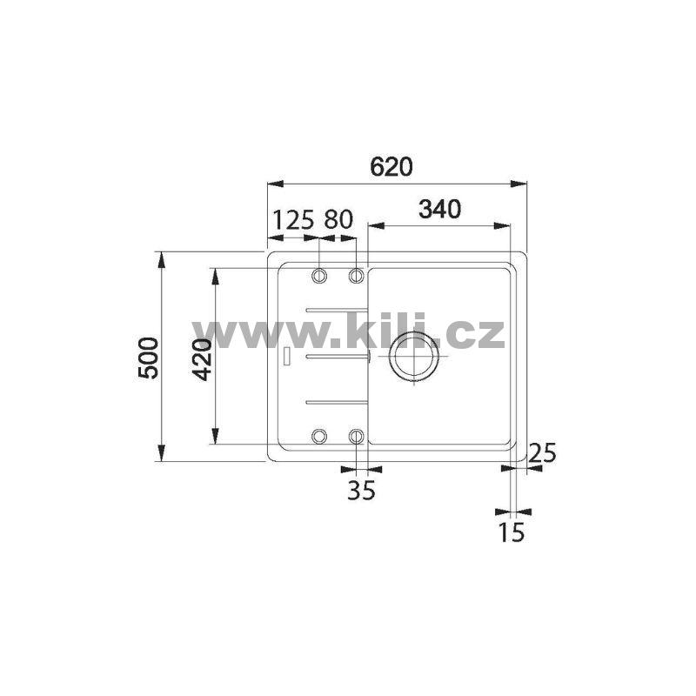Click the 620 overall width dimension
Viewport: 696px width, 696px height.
(391, 166)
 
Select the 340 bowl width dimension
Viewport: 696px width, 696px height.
(440, 209)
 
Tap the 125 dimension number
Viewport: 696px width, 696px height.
(293, 219)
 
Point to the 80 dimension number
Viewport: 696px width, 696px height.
(338, 219)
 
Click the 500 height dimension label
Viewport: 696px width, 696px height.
(148, 358)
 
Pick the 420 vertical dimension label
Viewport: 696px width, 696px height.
(202, 358)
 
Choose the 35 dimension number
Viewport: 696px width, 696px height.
(361, 490)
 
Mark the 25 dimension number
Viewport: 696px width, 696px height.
(542, 453)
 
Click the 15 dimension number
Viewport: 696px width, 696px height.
(512, 532)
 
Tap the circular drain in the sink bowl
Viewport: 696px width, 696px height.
(414, 356)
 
